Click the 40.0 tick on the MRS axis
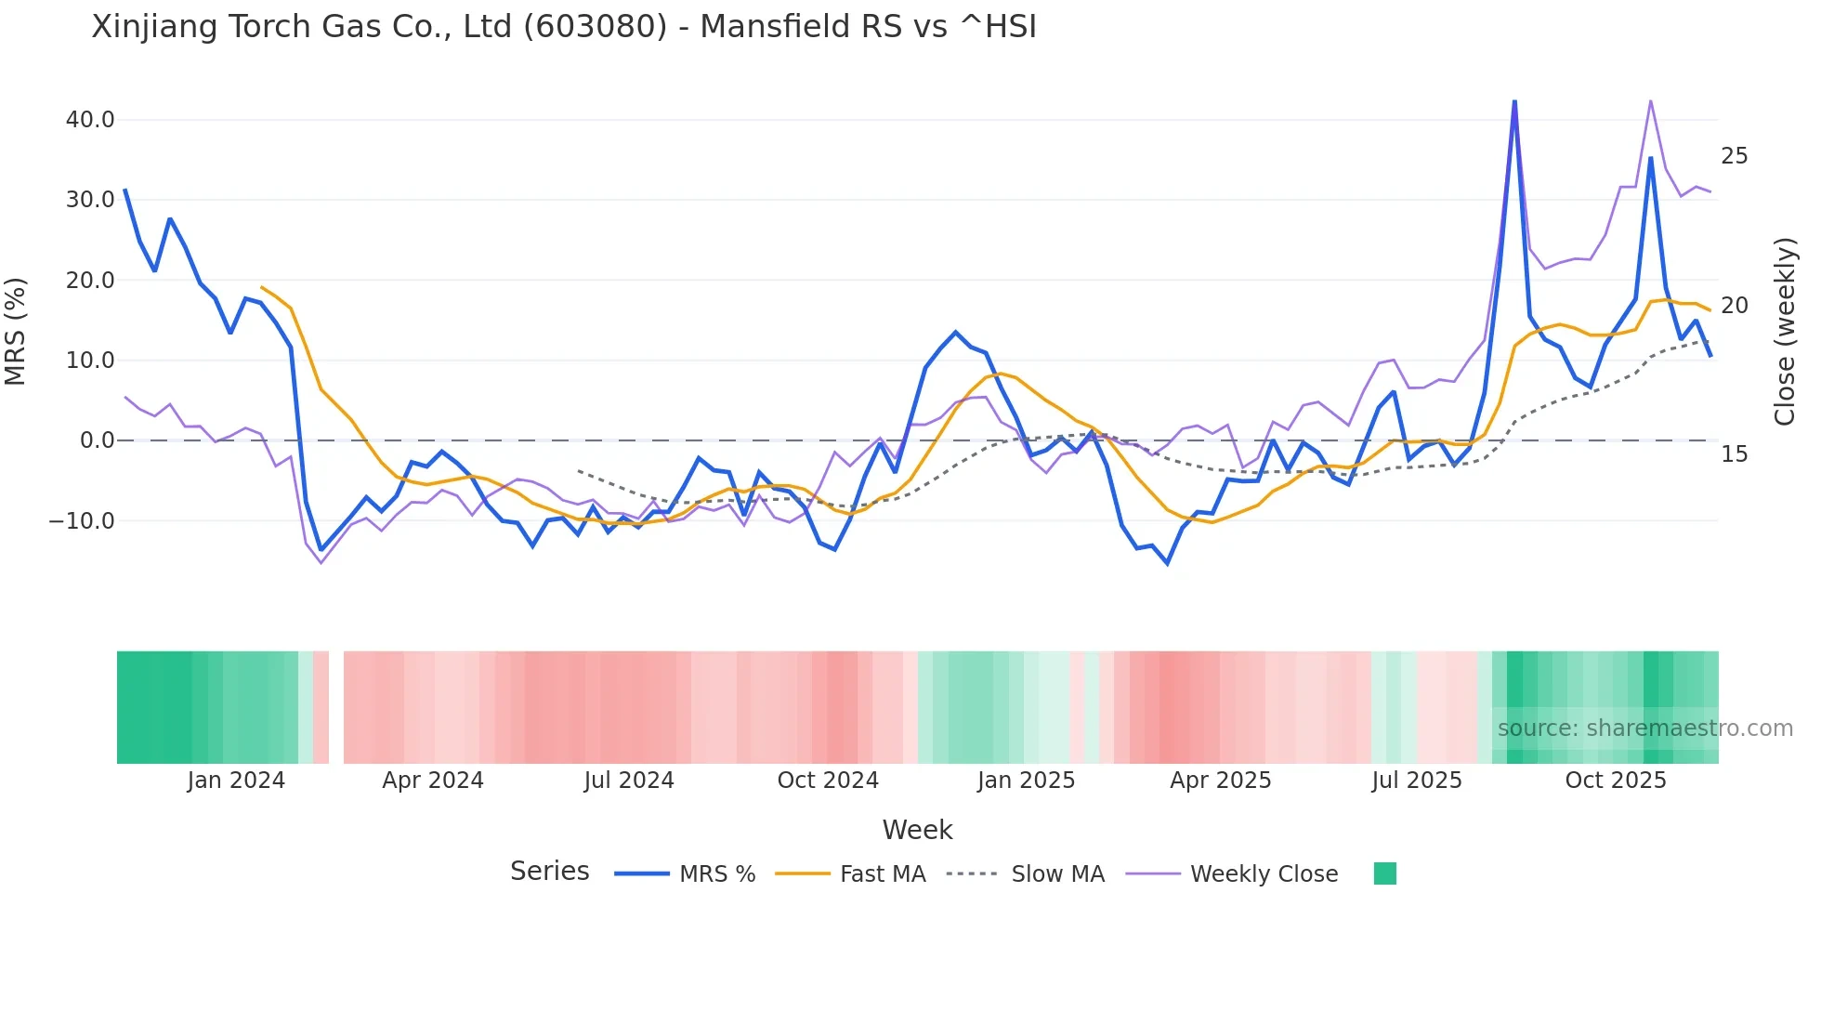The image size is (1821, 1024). click(89, 120)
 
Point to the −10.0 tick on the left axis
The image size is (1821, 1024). click(82, 521)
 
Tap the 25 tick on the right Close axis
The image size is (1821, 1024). click(1734, 156)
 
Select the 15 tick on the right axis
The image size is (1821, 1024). click(1734, 454)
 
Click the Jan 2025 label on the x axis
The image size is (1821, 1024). click(1026, 781)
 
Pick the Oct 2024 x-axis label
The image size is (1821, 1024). click(828, 781)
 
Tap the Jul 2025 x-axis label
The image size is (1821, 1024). click(1417, 781)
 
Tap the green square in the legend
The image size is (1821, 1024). click(1384, 873)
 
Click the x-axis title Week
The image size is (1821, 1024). click(917, 830)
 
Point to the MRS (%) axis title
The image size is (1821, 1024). click(16, 331)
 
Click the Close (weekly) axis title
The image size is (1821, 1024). click(1784, 331)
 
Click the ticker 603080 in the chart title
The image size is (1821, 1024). click(595, 27)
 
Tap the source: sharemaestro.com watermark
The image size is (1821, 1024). click(1644, 729)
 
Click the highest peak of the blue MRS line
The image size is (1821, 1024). click(1514, 102)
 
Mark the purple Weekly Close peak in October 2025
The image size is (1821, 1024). click(1650, 100)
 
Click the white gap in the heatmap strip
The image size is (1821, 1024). click(336, 707)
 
